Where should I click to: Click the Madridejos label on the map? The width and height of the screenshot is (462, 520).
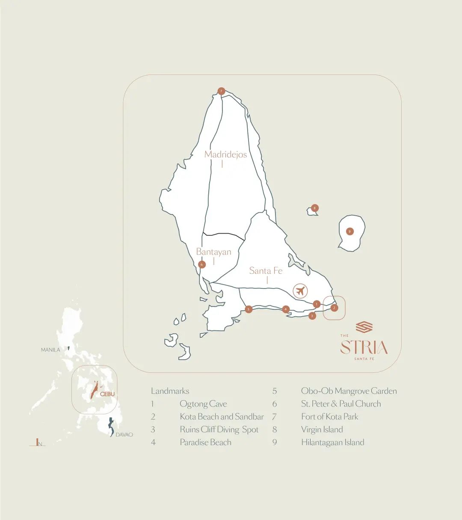click(x=225, y=155)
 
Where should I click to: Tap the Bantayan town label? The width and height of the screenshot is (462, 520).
click(x=213, y=252)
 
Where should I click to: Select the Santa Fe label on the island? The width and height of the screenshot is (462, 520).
click(x=266, y=270)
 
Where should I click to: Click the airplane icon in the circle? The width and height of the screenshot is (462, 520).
click(x=301, y=291)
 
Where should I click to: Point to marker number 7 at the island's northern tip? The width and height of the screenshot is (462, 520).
click(x=221, y=91)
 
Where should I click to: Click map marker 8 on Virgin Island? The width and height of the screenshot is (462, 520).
click(x=315, y=208)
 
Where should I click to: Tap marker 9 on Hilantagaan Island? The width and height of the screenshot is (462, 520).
click(x=350, y=232)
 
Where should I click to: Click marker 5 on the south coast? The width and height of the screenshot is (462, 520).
click(x=249, y=309)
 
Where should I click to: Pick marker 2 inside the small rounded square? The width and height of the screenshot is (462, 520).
click(x=335, y=307)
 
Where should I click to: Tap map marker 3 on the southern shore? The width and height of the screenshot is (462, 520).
click(x=312, y=316)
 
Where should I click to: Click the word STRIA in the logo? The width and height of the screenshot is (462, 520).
click(x=364, y=348)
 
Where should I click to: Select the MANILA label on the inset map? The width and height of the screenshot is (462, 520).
click(x=50, y=350)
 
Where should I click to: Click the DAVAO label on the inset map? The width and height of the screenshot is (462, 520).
click(x=124, y=434)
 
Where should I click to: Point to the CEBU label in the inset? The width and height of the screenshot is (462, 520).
click(x=107, y=394)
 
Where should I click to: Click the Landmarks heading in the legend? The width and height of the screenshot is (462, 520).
click(x=170, y=391)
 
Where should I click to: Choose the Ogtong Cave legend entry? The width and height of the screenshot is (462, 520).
click(x=203, y=404)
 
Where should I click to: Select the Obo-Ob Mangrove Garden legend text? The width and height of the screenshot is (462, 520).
click(x=349, y=391)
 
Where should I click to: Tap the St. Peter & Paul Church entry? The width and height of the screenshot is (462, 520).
click(x=341, y=404)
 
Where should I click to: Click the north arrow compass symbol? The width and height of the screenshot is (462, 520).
click(x=38, y=443)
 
